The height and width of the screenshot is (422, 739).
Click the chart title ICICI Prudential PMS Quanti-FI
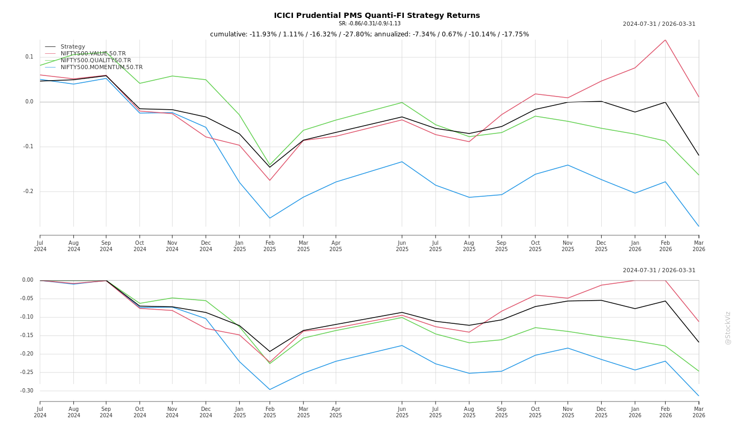click(x=376, y=15)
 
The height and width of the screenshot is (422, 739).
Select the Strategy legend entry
click(x=72, y=47)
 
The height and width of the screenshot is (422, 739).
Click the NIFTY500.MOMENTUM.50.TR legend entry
click(x=101, y=68)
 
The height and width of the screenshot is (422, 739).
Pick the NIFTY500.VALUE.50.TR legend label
click(x=93, y=54)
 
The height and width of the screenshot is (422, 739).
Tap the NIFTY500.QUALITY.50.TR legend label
click(x=96, y=61)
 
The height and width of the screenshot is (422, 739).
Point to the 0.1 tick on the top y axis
click(x=29, y=57)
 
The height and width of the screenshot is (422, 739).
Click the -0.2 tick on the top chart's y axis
click(x=28, y=191)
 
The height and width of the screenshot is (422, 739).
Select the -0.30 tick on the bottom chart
click(x=27, y=391)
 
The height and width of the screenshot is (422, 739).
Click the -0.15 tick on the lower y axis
click(x=27, y=335)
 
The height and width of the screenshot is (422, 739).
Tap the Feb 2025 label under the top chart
click(x=270, y=246)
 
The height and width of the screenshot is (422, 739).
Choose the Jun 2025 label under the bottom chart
click(x=402, y=412)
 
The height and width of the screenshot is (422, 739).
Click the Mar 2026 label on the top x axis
click(x=699, y=246)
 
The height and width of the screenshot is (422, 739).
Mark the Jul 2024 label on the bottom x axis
click(x=40, y=412)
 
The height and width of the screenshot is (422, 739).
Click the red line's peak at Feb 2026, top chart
click(x=665, y=40)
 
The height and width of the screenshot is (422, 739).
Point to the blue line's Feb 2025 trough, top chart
click(x=270, y=218)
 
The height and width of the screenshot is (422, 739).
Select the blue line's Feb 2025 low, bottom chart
click(x=270, y=390)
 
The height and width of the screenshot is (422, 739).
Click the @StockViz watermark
click(x=728, y=328)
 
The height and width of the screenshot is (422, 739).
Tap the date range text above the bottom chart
click(x=659, y=271)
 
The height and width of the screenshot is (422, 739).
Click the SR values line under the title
click(x=369, y=24)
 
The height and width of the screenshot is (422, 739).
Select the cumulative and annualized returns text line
click(x=369, y=34)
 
